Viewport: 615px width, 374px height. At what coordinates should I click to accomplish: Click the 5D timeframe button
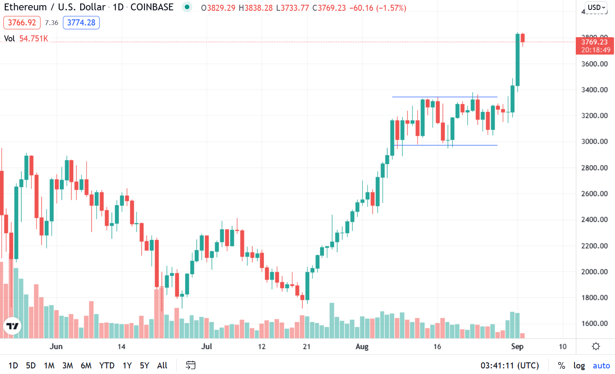coord(31,365)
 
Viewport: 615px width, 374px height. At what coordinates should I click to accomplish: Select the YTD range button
coord(107,365)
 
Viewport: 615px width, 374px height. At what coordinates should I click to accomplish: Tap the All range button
coord(162,365)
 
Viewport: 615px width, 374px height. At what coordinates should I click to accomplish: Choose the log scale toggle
coord(579,365)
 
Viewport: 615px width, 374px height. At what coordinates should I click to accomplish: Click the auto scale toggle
coord(601,365)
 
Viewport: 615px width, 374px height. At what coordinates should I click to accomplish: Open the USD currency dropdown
coord(596,7)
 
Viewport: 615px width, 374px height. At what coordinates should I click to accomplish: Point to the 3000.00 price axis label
coord(595,141)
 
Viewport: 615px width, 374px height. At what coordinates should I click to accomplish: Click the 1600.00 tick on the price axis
coord(595,324)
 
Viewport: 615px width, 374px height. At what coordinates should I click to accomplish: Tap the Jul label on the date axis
coord(207,346)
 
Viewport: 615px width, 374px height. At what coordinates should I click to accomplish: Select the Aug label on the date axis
coord(362,346)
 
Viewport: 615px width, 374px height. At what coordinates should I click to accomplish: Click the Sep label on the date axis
coord(517,346)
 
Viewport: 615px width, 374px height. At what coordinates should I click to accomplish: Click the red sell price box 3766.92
coord(22,22)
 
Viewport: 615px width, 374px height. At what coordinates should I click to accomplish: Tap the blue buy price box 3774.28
coord(81,22)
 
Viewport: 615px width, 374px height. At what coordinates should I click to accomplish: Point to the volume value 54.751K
coord(34,39)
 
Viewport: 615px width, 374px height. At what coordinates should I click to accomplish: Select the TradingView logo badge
coord(12,326)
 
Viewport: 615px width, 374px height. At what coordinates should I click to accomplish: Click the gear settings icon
coord(596,346)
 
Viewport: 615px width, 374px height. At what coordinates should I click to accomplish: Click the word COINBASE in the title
coord(152,7)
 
